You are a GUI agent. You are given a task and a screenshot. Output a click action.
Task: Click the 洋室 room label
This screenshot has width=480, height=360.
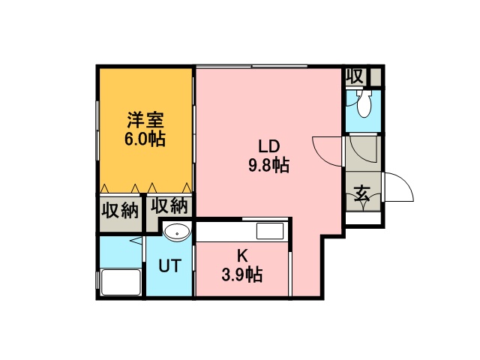[145, 119]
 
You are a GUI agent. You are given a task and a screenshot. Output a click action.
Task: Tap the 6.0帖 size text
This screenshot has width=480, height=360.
[145, 139]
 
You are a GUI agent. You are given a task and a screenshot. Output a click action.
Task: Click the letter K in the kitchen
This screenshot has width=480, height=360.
[242, 255]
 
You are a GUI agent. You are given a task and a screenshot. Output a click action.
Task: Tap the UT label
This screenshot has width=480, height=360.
[169, 265]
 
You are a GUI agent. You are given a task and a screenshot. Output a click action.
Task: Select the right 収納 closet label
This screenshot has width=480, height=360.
[169, 205]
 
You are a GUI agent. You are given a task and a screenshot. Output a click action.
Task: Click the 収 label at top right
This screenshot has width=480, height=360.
[355, 76]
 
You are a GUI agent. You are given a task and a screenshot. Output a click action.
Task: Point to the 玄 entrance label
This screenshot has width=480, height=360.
[361, 193]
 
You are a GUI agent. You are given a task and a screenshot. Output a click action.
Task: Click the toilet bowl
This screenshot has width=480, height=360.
[364, 106]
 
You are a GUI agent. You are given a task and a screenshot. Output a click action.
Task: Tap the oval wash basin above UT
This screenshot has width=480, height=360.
[176, 232]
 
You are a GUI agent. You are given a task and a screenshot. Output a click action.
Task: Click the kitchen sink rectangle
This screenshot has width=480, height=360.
[269, 230]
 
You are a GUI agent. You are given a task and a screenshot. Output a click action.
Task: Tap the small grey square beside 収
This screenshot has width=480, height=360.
[376, 76]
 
